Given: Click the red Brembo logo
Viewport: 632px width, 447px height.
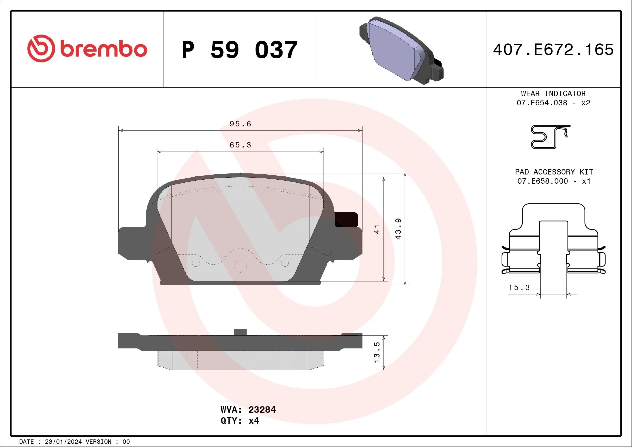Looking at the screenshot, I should coord(87,49).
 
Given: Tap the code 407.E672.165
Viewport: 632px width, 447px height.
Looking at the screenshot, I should coord(553,49).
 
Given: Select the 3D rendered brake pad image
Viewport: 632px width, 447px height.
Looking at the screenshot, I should coord(401,51).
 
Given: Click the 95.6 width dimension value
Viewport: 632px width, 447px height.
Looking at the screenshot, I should coord(240,124).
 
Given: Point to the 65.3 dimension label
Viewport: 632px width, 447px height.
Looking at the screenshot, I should coord(240,145).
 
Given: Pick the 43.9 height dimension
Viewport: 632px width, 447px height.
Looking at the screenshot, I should coord(398,229).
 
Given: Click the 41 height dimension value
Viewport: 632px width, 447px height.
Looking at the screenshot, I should coord(377,229).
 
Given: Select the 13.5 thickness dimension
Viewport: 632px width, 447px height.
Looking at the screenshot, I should coord(377,352).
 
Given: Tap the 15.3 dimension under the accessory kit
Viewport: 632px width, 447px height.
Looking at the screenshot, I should coord(519,288).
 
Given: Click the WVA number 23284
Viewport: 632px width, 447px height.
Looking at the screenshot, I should coord(262,409).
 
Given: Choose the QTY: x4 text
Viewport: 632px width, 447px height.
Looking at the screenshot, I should coord(240,421).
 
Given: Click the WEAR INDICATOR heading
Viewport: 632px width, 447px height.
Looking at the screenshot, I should coord(553,93).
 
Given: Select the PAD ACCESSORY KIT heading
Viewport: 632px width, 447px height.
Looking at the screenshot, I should coord(554,172).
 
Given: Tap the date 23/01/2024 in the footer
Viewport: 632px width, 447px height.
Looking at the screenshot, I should coord(63,442).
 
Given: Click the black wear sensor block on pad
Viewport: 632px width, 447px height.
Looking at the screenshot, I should coord(346,219).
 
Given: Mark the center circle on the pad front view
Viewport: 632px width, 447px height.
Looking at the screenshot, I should coord(240,266).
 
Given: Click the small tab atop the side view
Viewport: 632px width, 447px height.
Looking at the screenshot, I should coord(240,332).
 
